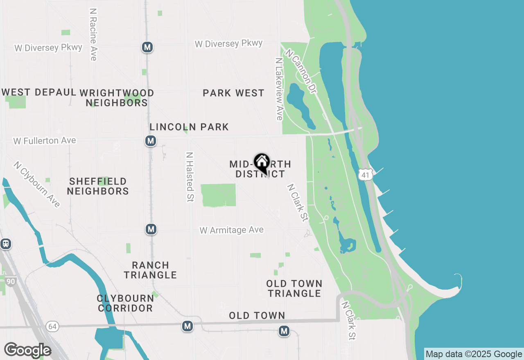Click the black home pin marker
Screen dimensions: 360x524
pyautogui.click(x=262, y=162)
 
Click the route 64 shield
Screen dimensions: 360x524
pyautogui.click(x=52, y=326)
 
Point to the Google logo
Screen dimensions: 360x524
pyautogui.click(x=27, y=350)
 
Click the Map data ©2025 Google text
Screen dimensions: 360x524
pyautogui.click(x=474, y=354)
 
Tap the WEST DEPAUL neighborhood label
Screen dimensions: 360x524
pyautogui.click(x=39, y=92)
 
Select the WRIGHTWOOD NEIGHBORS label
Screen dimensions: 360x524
pyautogui.click(x=117, y=98)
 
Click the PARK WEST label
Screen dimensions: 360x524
pyautogui.click(x=233, y=93)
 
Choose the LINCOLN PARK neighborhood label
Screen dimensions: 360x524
pyautogui.click(x=189, y=127)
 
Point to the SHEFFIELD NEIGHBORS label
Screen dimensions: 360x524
pyautogui.click(x=98, y=186)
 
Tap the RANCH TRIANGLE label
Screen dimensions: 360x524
pyautogui.click(x=150, y=270)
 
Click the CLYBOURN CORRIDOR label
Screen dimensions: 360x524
pyautogui.click(x=125, y=303)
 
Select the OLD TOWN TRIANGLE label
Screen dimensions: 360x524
pyautogui.click(x=294, y=288)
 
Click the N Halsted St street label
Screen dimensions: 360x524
pyautogui.click(x=190, y=177)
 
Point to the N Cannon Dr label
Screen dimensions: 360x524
pyautogui.click(x=302, y=72)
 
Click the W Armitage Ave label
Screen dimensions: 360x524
pyautogui.click(x=231, y=230)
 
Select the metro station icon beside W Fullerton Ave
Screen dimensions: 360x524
pyautogui.click(x=151, y=141)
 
